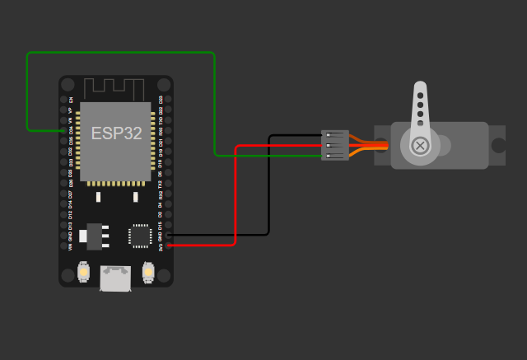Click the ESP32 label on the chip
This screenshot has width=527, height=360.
point(115,133)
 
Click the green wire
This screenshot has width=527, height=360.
point(124,54)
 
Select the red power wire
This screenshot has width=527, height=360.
point(236,198)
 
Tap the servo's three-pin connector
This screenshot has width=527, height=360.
point(334,145)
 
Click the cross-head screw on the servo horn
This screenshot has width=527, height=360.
point(420,146)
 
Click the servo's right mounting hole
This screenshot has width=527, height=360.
point(499,146)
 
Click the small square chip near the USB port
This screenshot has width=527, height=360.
point(139,236)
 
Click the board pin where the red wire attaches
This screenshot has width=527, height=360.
point(168,245)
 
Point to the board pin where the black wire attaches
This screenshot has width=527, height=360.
point(168,235)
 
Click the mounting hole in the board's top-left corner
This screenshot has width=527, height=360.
point(65,84)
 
